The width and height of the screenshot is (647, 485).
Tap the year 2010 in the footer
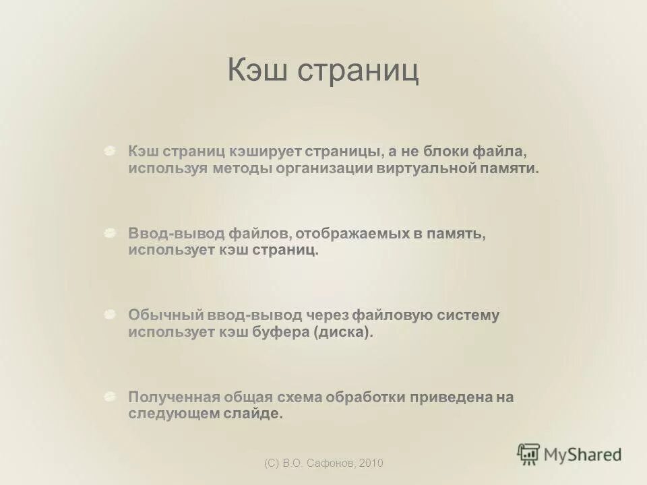371,463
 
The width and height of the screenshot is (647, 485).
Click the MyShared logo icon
528,454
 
